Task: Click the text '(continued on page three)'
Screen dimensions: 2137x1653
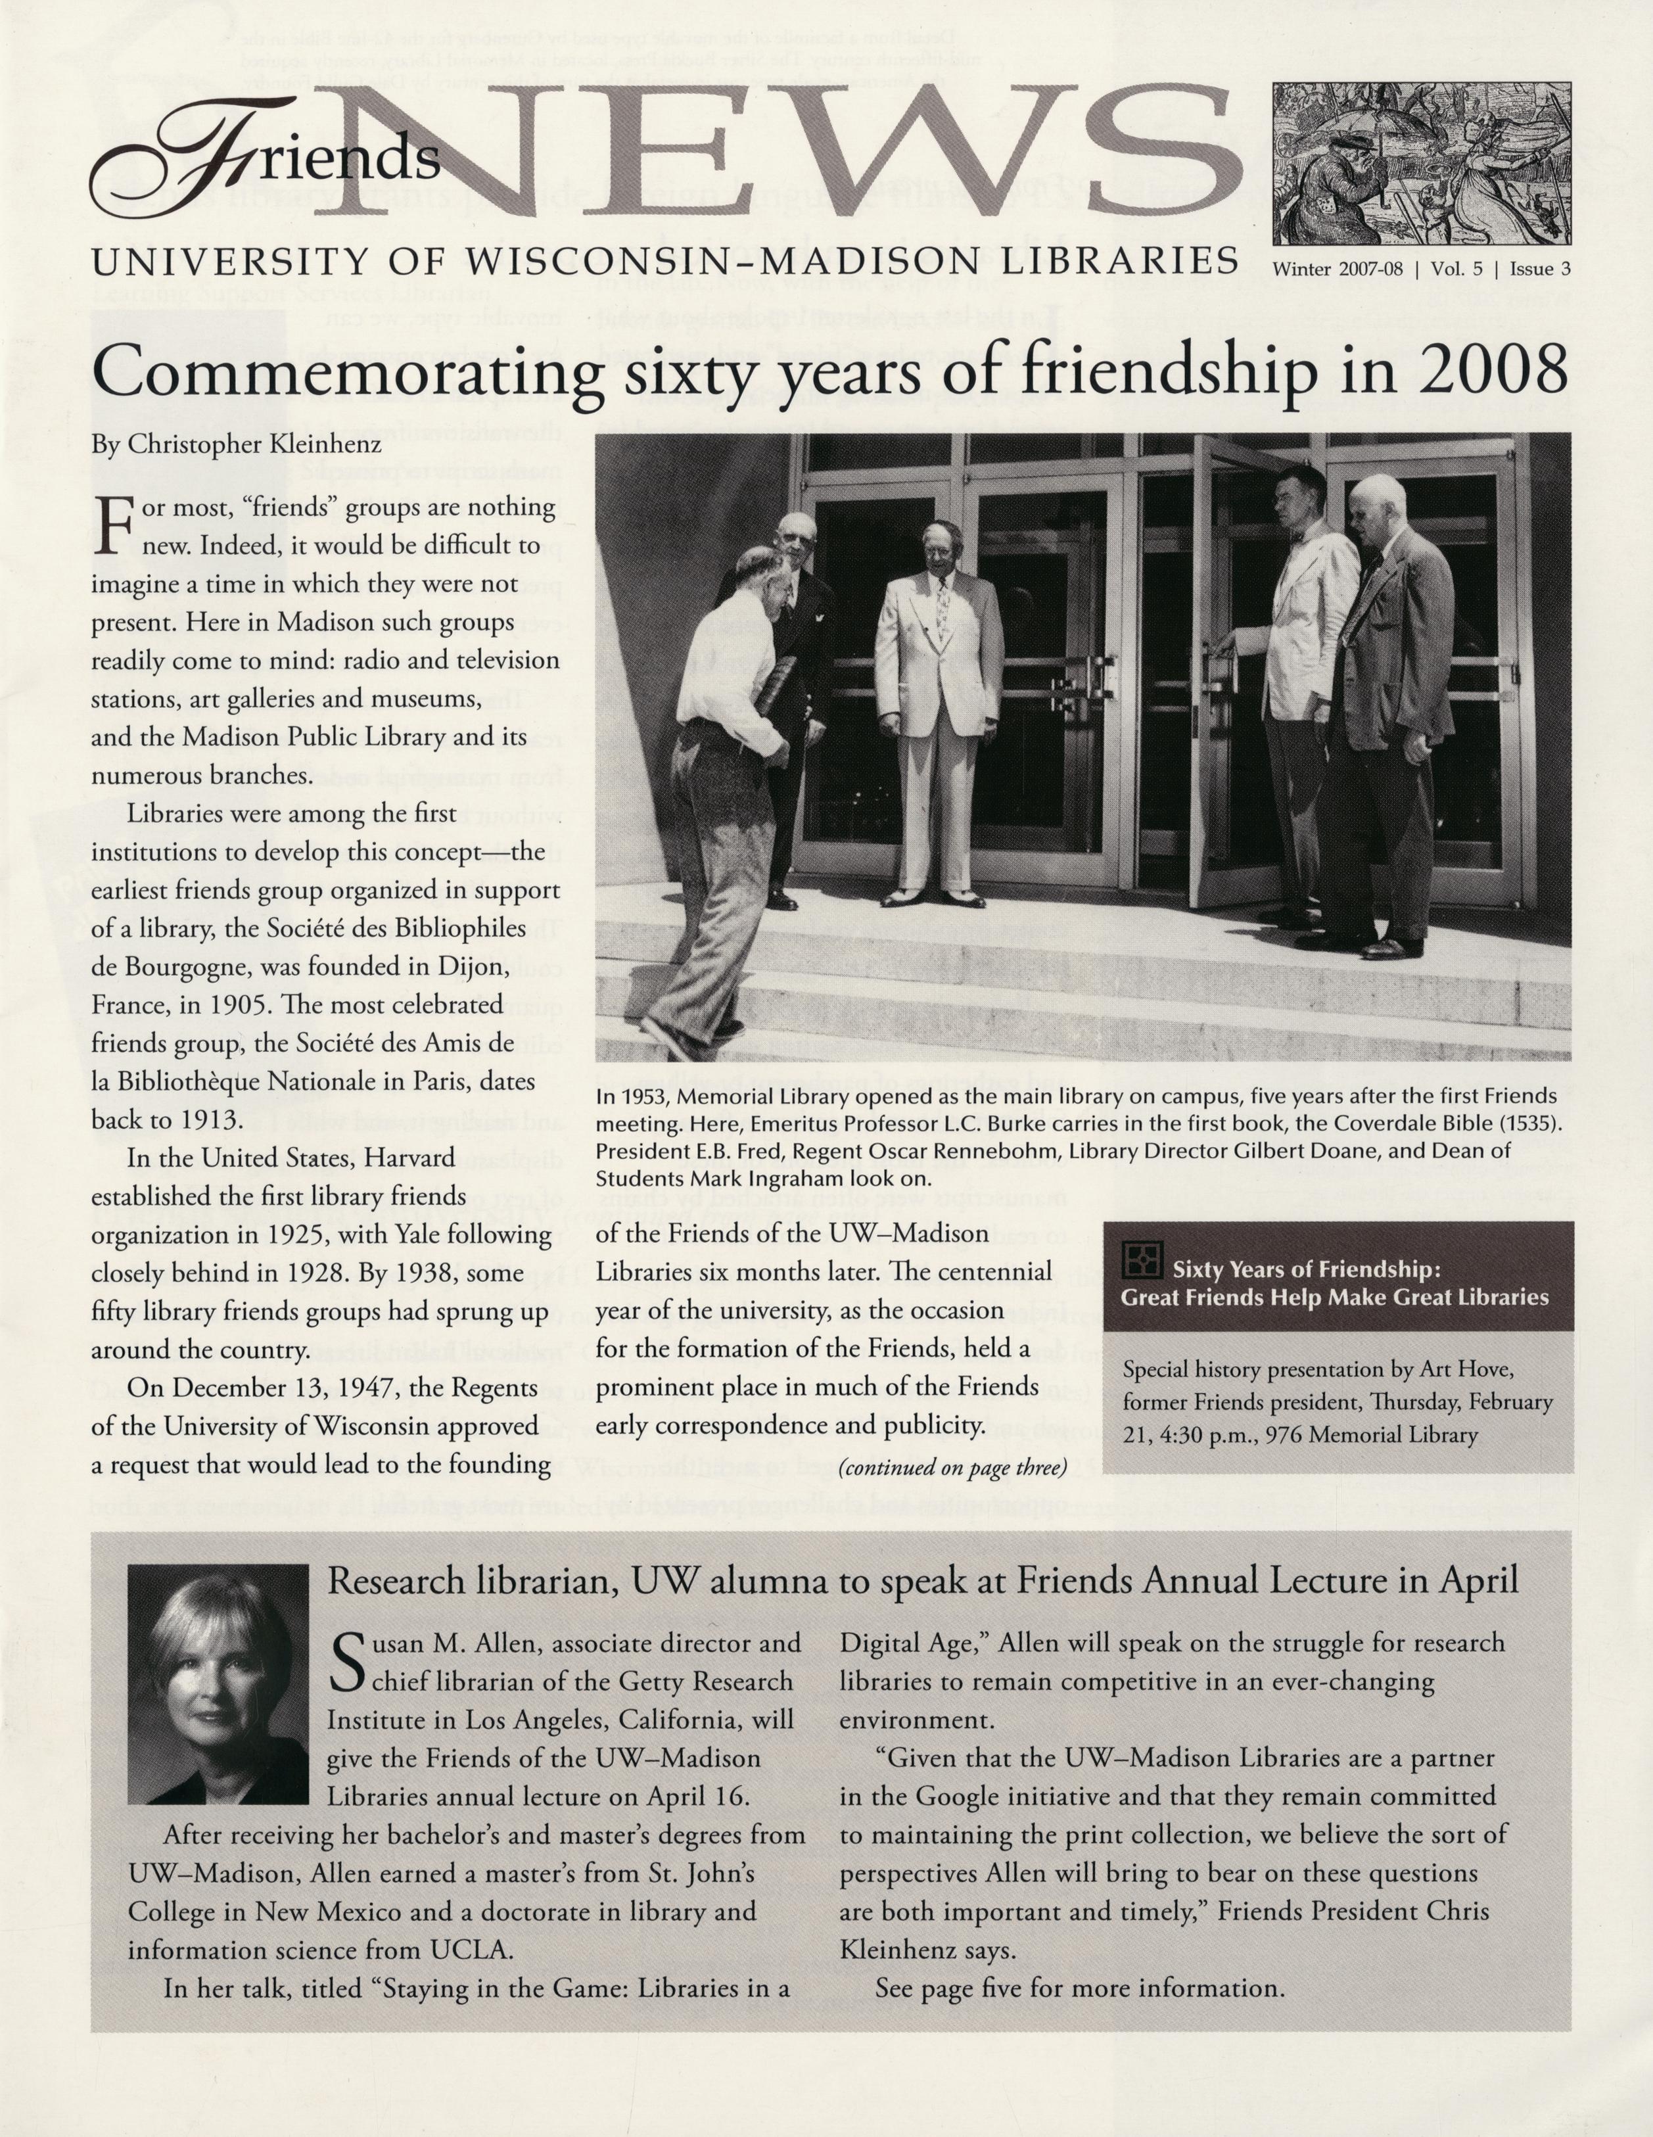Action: [x=950, y=1468]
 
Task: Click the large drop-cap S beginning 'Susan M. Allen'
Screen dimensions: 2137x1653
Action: [x=349, y=1664]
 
